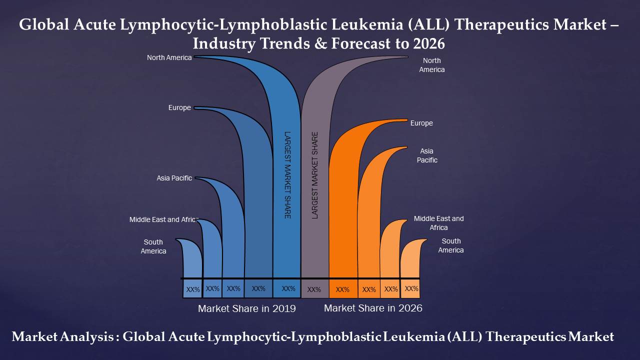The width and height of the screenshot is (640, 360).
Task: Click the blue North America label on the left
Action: point(169,57)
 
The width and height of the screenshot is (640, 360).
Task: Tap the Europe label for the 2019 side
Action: point(179,107)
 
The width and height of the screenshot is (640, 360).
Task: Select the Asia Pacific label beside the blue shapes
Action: point(174,178)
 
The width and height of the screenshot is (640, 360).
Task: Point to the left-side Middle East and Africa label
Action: point(163,219)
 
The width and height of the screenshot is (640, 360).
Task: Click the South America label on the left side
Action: point(153,246)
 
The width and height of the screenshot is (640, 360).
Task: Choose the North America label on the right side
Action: point(431,65)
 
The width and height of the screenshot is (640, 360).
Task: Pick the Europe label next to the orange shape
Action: point(421,123)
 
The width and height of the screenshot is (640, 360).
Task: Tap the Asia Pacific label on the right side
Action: point(427,155)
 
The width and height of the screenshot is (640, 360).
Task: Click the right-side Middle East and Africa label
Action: point(438,223)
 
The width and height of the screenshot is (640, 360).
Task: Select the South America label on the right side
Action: point(451,245)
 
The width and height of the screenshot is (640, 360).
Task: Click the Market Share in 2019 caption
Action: point(246,308)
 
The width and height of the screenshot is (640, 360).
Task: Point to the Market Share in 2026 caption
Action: point(373,308)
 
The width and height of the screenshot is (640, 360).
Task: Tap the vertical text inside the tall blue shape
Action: point(287,175)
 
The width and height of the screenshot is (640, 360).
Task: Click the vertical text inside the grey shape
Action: point(315,175)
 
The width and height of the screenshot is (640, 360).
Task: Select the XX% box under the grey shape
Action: point(314,289)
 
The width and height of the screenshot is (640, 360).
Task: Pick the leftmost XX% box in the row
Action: point(193,289)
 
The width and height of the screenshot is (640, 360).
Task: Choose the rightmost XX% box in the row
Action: point(411,288)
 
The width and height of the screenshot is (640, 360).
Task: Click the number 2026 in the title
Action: point(429,43)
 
